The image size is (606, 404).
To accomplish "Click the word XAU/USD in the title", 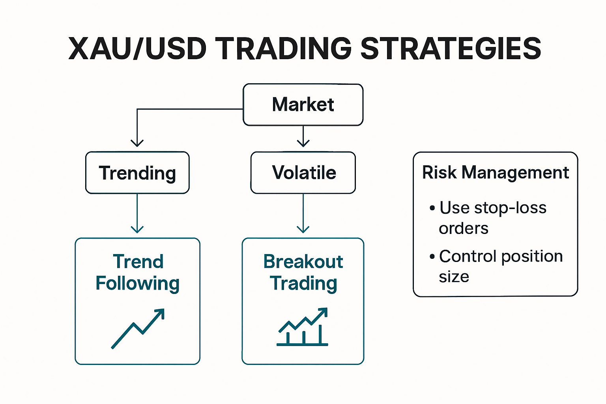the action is coord(137,49).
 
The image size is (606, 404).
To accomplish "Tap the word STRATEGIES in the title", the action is coord(451,49).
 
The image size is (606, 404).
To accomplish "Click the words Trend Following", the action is coord(138,273).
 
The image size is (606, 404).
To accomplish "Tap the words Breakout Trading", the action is coord(303,273).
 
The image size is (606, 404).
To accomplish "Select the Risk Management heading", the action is coord(496,173).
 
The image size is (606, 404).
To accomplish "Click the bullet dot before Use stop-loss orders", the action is coord(432,208).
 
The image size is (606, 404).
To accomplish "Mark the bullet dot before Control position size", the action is coord(432,256).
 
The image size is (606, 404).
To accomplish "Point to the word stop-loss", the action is coord(510,208).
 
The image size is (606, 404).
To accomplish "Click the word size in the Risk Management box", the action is coord(454,277).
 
